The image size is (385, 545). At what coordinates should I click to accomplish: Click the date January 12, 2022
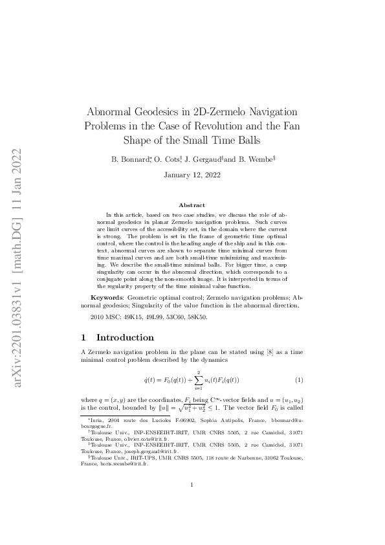[x=192, y=175]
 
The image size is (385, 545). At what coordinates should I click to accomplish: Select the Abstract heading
[x=192, y=205]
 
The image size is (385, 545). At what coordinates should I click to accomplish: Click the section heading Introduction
[x=125, y=337]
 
